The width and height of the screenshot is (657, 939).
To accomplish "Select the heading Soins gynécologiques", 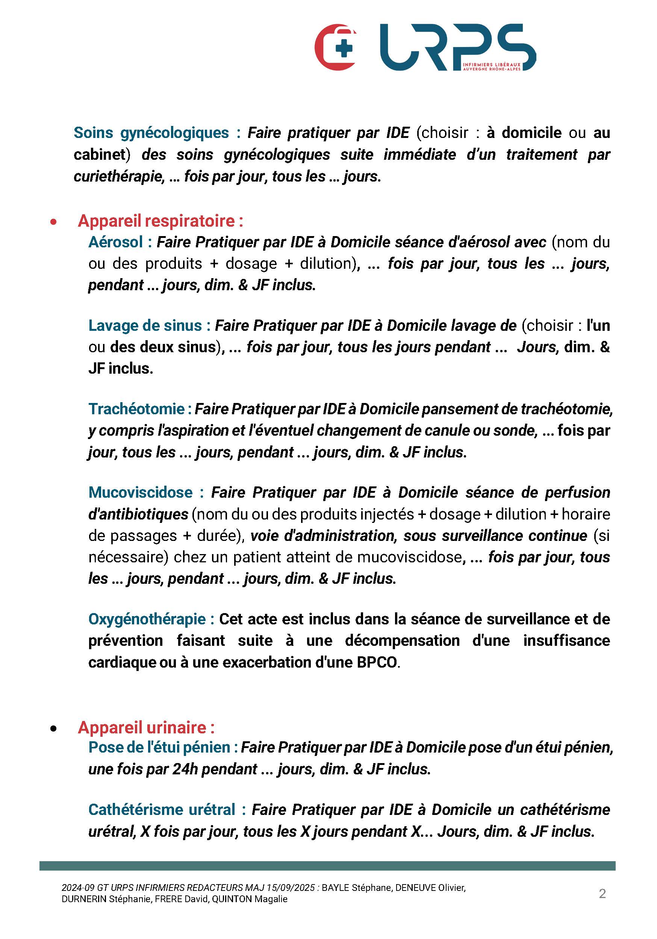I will [x=151, y=133].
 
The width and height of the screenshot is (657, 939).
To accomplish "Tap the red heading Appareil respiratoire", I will [x=160, y=221].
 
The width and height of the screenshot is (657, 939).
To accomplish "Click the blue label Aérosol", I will [x=116, y=242].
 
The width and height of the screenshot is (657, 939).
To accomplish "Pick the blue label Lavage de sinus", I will [x=145, y=326].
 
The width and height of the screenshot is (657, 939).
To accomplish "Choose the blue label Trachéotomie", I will [x=136, y=409].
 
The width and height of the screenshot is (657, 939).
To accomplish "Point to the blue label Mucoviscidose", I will [x=140, y=492].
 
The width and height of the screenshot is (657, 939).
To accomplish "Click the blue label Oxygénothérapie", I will [x=147, y=619].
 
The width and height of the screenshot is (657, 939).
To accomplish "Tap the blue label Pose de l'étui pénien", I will [x=159, y=748].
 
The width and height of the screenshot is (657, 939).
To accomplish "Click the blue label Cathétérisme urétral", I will [x=162, y=810].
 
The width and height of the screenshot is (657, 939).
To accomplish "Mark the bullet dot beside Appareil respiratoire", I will [x=53, y=222].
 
